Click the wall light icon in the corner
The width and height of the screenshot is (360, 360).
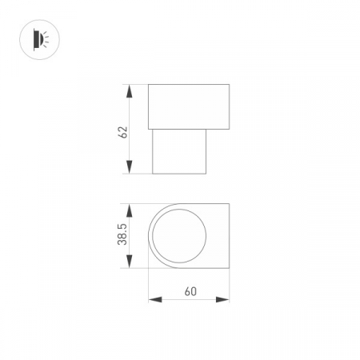[x=38, y=38]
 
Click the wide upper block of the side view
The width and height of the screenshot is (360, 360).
[x=189, y=104]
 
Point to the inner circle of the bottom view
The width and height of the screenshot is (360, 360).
[x=179, y=236]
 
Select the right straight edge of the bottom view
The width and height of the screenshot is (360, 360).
[x=229, y=236]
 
